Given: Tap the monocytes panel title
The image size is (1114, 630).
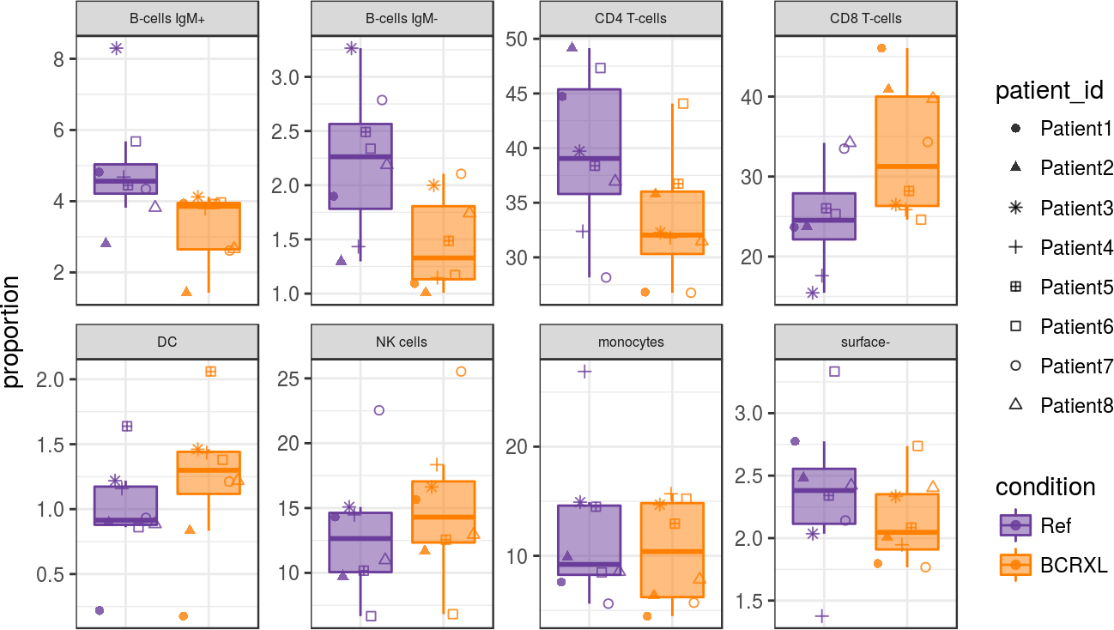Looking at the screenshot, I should (x=631, y=342).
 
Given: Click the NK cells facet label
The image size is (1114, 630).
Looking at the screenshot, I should (x=402, y=342).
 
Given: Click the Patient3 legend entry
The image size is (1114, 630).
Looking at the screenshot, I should (x=1075, y=208).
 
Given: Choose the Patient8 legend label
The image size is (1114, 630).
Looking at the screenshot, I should (x=1075, y=405).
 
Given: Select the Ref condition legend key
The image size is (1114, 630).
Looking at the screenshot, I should (x=1016, y=525).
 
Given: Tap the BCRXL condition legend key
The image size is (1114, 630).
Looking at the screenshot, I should (x=1016, y=565).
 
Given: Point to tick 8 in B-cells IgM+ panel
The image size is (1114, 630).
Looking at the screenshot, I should (x=60, y=59).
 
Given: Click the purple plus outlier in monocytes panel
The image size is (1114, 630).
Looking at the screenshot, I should (x=584, y=372).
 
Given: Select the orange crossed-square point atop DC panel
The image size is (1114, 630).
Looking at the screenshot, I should (x=210, y=372).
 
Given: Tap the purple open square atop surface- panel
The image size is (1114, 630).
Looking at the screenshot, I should (x=833, y=372).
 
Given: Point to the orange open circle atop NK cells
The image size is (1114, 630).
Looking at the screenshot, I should (x=461, y=372).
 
